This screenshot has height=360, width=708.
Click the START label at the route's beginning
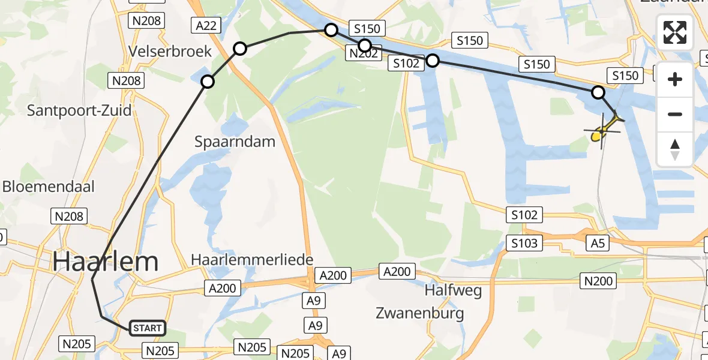point(147,328)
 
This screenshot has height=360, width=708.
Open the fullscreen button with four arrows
point(675,32)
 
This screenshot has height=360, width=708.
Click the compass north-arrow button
point(675,149)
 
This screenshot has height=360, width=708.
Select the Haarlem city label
point(106,262)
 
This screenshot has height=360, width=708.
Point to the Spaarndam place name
point(235,142)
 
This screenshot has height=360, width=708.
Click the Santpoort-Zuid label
point(79,110)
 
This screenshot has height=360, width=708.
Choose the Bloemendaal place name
point(49,186)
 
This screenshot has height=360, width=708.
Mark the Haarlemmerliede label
point(252,260)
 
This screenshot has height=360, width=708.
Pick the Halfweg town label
point(453,290)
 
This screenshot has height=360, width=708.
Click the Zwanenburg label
point(419,313)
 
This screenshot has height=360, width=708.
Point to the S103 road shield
point(524,242)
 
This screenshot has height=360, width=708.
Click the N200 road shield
point(599,280)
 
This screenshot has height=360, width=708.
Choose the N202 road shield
point(363,54)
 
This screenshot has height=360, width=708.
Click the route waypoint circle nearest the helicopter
point(598,92)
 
